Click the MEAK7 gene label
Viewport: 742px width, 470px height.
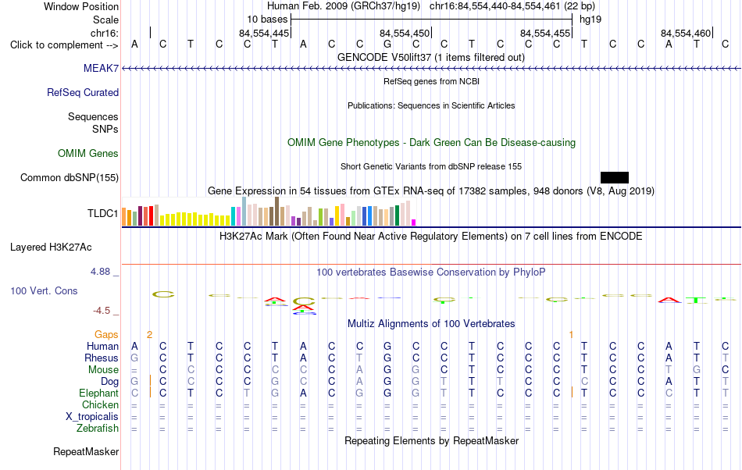101,68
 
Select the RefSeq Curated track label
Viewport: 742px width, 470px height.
83,92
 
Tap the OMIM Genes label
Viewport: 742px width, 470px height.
88,153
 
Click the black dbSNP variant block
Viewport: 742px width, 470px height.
615,177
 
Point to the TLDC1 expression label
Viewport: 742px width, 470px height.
102,213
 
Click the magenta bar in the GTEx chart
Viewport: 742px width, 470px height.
414,223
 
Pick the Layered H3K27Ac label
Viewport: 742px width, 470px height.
51,247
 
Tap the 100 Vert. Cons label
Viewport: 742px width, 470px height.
44,290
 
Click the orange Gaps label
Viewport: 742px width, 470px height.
106,335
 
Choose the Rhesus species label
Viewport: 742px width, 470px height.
102,358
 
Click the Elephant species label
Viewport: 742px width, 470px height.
99,393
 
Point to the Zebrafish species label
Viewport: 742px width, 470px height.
98,428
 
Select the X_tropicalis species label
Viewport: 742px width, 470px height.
92,417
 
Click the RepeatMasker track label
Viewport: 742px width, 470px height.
86,451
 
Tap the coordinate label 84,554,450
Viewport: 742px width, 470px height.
405,33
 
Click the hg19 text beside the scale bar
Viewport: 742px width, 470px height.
590,20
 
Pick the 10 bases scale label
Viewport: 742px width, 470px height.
267,20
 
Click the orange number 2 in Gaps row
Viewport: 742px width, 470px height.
149,335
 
